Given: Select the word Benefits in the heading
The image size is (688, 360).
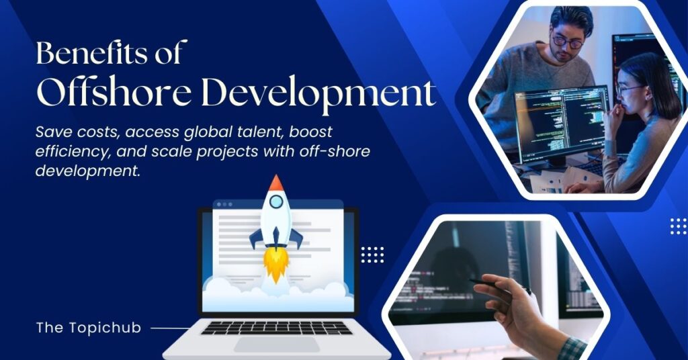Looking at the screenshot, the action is click(91, 52).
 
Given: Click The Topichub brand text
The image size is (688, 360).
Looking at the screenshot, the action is click(89, 328).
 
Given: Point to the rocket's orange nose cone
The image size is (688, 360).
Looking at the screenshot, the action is click(275, 183).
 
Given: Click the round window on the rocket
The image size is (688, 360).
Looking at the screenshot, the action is click(276, 201).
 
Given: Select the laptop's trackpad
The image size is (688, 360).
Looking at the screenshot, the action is click(276, 345).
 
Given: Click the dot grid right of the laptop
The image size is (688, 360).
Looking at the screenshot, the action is click(372, 255).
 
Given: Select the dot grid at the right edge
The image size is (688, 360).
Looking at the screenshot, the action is click(679, 226).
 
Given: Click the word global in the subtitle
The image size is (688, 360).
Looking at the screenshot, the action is click(204, 132).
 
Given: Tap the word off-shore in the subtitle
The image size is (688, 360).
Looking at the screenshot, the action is click(335, 151).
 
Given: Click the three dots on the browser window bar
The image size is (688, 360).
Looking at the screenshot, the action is click(224, 204).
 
